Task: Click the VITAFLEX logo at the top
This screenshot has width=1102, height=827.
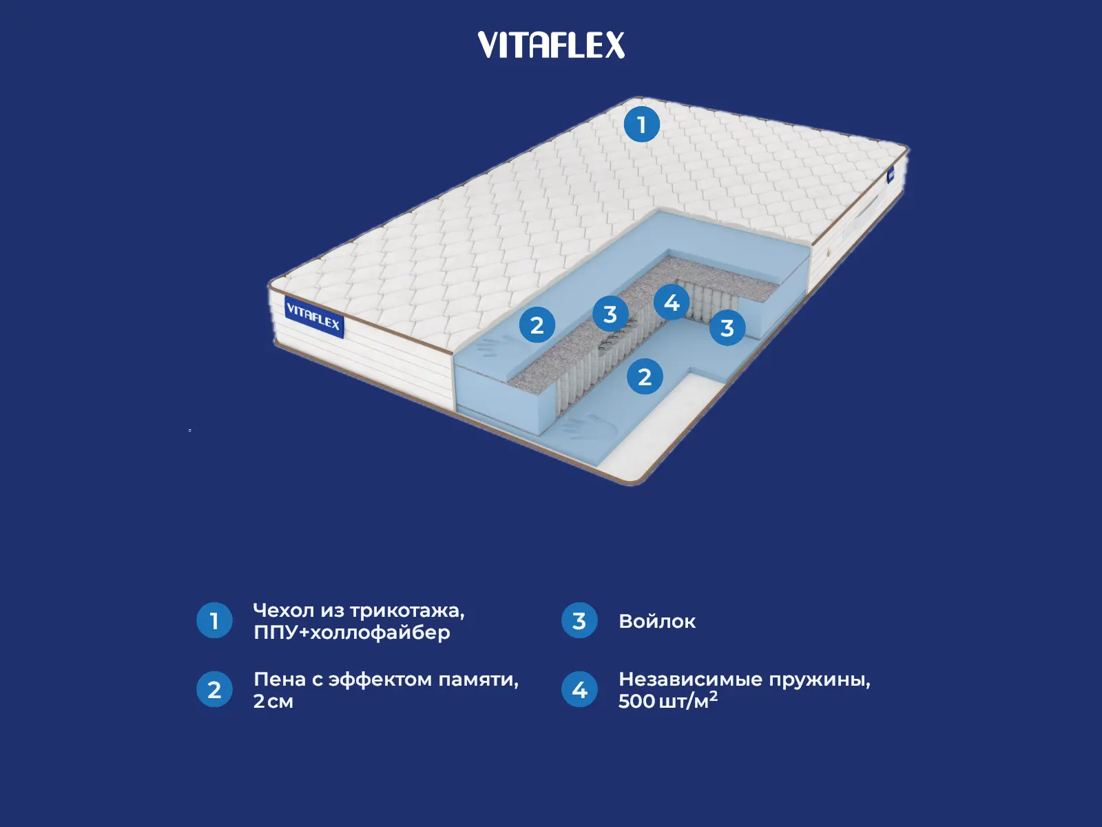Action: point(551,45)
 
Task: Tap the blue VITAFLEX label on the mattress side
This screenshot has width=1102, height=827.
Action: point(313,317)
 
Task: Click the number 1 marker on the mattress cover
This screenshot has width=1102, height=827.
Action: point(641,125)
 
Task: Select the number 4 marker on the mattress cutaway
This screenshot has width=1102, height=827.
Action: point(672,302)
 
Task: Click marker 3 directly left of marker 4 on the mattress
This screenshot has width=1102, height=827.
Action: point(610,314)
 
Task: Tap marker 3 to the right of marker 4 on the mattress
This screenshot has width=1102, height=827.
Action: point(727,328)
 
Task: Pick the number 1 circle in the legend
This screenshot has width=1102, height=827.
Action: point(214,621)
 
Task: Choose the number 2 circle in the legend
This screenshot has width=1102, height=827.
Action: point(214,689)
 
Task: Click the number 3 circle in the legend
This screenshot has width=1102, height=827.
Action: point(579,621)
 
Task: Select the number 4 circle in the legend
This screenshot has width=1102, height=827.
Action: point(579,689)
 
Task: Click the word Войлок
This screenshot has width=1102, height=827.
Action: point(657,622)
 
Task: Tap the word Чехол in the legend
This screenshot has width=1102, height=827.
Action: point(283,611)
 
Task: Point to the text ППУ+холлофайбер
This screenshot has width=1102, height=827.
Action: point(351,633)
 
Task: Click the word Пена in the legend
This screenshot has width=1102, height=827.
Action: point(280,680)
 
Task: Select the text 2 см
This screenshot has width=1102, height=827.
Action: point(273,702)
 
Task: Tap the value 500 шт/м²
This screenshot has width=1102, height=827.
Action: point(667,701)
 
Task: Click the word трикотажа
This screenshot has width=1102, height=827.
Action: point(406,611)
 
